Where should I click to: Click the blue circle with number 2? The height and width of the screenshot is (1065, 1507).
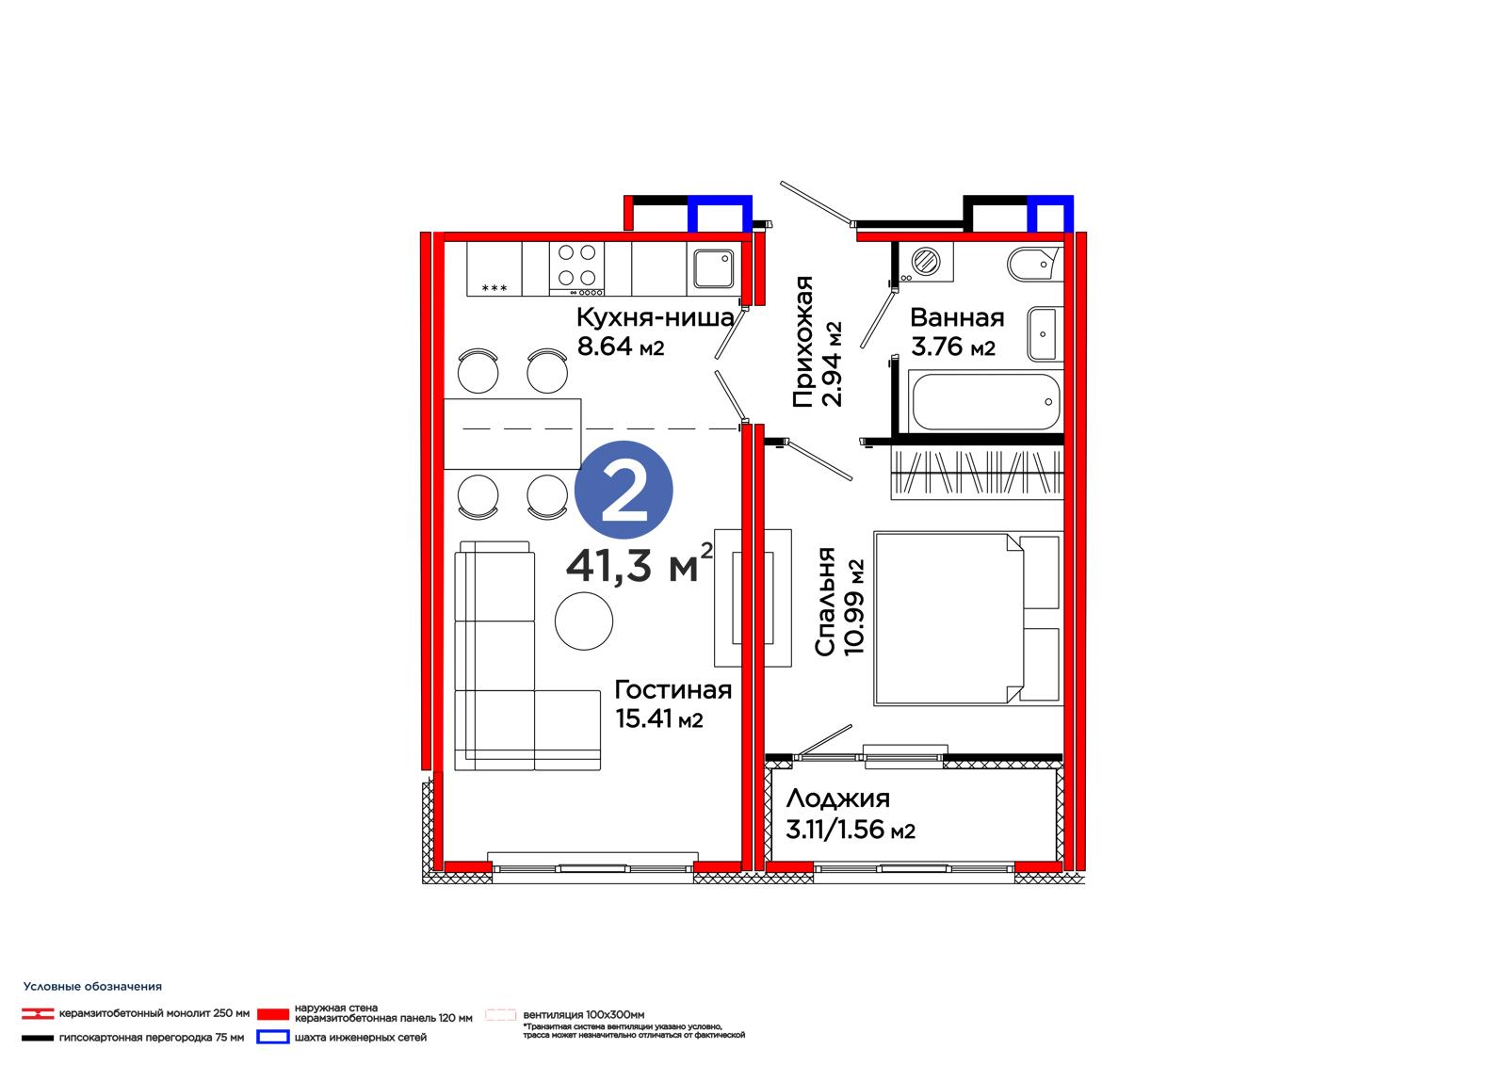624,490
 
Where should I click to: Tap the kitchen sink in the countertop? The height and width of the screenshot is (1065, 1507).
714,268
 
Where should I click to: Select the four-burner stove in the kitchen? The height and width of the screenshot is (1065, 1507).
576,268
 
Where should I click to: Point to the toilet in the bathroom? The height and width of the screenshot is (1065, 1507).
1034,265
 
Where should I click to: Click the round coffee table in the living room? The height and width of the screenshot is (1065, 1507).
584,621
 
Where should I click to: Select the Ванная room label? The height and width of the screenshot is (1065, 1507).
957,317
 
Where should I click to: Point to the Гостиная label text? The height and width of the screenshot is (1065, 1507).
672,689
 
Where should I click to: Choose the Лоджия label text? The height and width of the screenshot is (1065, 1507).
837,799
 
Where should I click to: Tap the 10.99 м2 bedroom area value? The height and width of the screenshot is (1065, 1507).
853,606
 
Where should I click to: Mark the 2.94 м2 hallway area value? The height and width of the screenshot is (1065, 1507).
833,364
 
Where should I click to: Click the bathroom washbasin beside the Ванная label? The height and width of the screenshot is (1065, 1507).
1045,333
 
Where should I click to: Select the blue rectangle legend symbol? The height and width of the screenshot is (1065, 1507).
273,1037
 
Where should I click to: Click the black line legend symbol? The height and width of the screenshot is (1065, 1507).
38,1038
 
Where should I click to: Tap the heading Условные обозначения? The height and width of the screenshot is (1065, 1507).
92,986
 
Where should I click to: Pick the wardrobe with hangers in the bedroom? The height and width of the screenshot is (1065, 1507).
977,474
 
